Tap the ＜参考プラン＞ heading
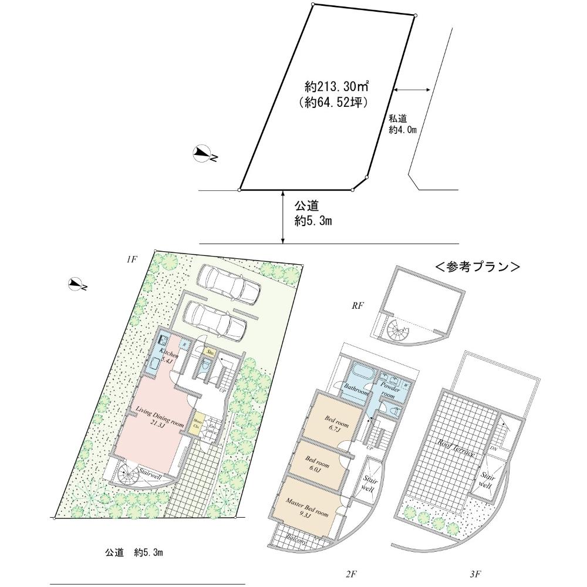[477, 266]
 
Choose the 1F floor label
[131, 259]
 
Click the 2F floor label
[351, 572]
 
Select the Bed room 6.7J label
[337, 423]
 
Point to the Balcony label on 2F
[298, 538]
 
